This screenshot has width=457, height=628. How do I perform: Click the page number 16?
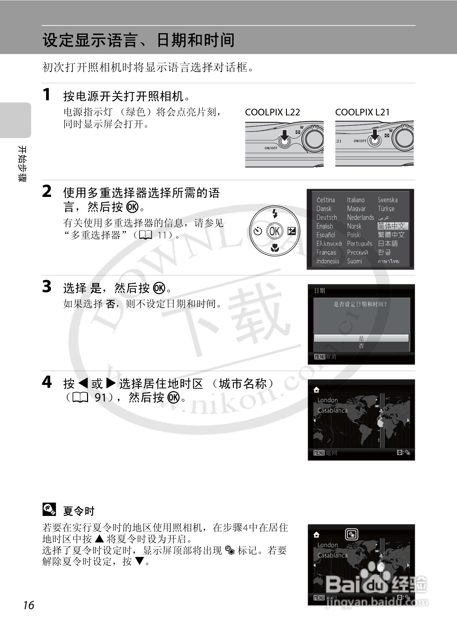(29, 605)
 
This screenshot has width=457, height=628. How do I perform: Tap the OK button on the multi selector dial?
(275, 231)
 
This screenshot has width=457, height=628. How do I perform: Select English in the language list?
(325, 226)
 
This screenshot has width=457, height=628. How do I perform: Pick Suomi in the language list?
(355, 261)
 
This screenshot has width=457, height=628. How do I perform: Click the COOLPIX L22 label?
(273, 112)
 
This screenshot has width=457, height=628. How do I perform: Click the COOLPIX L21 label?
(362, 112)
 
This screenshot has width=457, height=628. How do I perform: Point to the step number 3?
(47, 287)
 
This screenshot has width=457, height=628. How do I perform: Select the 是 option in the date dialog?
(361, 338)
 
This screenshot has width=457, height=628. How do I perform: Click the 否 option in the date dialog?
(361, 346)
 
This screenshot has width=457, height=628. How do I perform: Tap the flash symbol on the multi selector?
(275, 213)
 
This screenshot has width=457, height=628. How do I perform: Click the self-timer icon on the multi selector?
(258, 231)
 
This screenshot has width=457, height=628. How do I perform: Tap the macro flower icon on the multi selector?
(275, 248)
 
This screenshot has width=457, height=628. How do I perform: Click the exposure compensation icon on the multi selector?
(292, 231)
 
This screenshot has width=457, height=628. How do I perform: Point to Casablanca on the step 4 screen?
(332, 410)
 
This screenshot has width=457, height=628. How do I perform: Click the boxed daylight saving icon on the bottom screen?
(352, 534)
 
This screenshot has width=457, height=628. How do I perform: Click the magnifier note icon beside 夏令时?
(49, 510)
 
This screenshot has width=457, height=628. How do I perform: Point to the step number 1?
(47, 95)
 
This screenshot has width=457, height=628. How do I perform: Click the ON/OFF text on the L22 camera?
(271, 148)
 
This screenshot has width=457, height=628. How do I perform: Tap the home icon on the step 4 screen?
(316, 390)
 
